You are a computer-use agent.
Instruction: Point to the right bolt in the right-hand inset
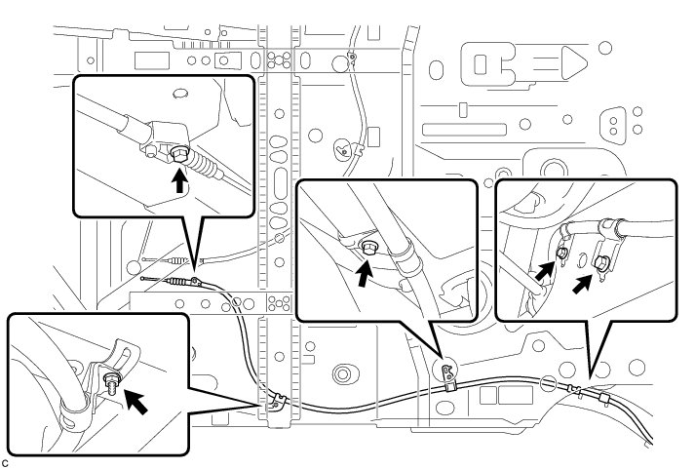click(x=604, y=262)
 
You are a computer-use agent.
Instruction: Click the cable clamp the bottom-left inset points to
click(x=277, y=400)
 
